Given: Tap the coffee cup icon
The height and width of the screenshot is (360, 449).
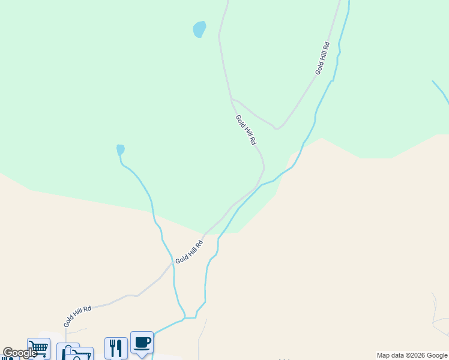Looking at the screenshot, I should (x=142, y=343).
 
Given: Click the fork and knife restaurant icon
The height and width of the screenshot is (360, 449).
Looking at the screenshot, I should (x=116, y=348).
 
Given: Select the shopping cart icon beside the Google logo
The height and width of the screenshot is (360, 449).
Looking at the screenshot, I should (x=38, y=347).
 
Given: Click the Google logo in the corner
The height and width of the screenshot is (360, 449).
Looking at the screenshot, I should (x=19, y=353).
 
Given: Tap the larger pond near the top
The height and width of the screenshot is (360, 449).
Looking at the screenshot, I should (x=199, y=29).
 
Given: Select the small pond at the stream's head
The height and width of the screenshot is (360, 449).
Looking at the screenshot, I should (x=121, y=149).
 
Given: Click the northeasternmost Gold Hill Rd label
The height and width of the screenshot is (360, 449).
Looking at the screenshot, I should (x=323, y=58).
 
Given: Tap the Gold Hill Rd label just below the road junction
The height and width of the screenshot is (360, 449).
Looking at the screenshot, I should (x=246, y=130).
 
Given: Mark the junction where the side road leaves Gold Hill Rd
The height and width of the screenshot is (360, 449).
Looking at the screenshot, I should (x=232, y=100).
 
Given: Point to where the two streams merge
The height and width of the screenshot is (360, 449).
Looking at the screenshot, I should (x=185, y=317).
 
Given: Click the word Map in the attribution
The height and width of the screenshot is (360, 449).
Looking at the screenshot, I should (x=383, y=355).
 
